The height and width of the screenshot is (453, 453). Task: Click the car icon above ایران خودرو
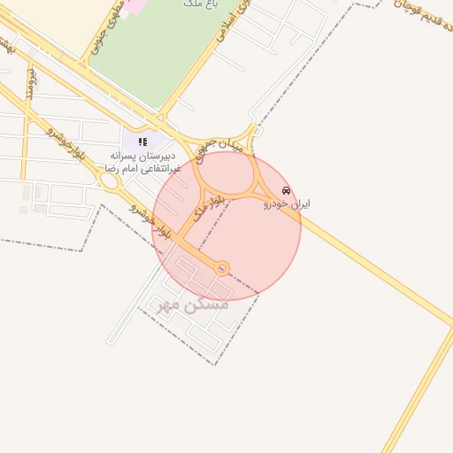pyautogui.click(x=285, y=190)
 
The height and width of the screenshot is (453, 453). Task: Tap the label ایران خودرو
pyautogui.click(x=286, y=203)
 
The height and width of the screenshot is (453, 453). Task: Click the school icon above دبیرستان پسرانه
pyautogui.click(x=142, y=142)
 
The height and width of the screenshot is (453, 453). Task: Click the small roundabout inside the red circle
pyautogui.click(x=222, y=267)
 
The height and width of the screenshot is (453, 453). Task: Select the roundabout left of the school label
pyautogui.click(x=111, y=181)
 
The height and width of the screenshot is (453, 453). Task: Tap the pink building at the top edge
pyautogui.click(x=133, y=4)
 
